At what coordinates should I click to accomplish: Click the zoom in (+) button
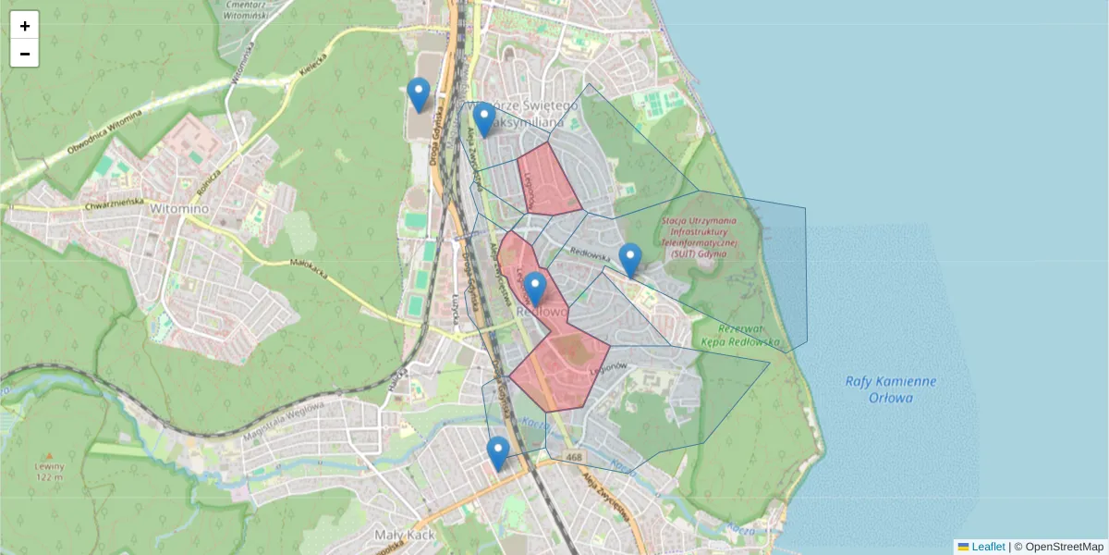[x=25, y=26]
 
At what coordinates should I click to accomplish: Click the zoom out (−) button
[x=25, y=54]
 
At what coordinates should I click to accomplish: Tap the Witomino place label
[x=177, y=209]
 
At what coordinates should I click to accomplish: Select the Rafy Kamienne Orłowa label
[x=891, y=389]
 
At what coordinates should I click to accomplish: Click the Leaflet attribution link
[x=987, y=547]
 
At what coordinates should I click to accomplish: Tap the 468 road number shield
[x=574, y=457]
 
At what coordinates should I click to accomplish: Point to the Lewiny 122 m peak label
[x=48, y=471]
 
